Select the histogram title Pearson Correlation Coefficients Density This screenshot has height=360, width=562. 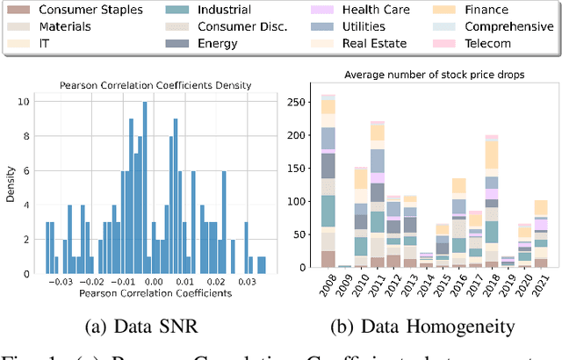pyautogui.click(x=155, y=85)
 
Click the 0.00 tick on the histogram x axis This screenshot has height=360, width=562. pyautogui.click(x=153, y=283)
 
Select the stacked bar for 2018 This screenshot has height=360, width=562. pyautogui.click(x=492, y=201)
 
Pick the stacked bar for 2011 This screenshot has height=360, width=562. pyautogui.click(x=378, y=194)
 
